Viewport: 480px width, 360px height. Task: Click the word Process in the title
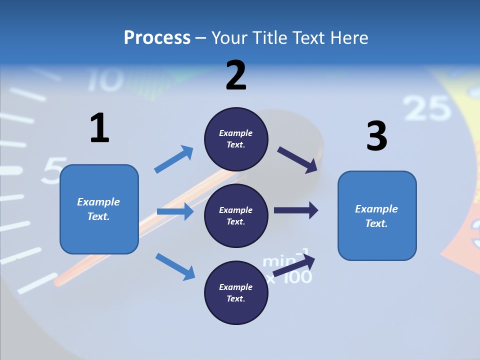157,37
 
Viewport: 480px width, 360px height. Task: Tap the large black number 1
99,128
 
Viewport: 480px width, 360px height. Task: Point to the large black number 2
236,75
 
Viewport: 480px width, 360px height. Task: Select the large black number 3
376,136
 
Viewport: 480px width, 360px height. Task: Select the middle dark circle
236,215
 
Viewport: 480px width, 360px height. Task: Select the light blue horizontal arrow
175,211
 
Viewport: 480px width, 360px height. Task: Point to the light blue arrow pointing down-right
175,266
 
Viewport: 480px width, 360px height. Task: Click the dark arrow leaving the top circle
297,159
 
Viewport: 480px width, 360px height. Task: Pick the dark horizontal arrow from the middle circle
296,210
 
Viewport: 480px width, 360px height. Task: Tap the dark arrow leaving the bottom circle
294,265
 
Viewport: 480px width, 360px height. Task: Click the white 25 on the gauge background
426,108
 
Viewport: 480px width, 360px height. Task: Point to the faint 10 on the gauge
106,80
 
